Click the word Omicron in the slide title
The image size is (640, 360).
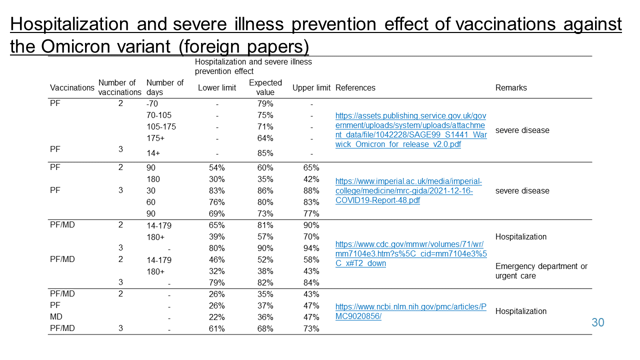[x=75, y=46]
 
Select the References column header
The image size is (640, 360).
[x=355, y=87]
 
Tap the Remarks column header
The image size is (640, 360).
[x=511, y=87]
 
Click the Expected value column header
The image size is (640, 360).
[x=265, y=87]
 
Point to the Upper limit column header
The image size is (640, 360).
[x=311, y=87]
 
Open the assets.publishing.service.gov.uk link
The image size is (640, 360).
[x=411, y=130]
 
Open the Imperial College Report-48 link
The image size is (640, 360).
[x=408, y=190]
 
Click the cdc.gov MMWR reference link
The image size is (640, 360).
[x=411, y=253]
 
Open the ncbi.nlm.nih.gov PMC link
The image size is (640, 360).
[x=410, y=311]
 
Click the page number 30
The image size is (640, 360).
[x=597, y=322]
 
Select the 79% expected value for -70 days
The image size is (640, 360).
[x=265, y=103]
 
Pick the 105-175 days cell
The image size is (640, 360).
[x=161, y=127]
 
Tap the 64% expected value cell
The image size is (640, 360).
[x=265, y=138]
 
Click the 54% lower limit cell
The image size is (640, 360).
[x=216, y=167]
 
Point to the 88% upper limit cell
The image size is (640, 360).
[x=311, y=190]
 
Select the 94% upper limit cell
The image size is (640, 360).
[x=311, y=248]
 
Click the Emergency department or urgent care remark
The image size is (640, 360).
[x=541, y=271]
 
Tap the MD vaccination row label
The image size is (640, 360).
[x=56, y=316]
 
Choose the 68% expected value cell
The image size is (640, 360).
[x=265, y=328]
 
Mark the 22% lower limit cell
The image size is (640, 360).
[x=216, y=317]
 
